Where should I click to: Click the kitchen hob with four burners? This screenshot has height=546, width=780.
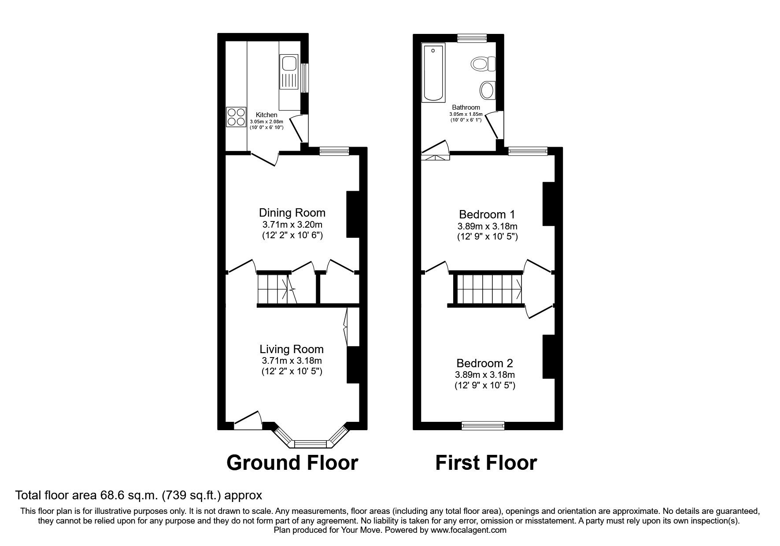236,117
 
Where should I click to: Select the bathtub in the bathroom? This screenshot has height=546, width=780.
433,73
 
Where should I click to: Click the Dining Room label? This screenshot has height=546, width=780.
292,213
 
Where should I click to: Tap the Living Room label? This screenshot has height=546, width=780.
292,350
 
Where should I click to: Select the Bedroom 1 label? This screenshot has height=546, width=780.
487,215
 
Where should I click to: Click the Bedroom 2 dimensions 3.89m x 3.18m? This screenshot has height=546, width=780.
485,375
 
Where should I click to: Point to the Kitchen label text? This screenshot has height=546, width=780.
266,115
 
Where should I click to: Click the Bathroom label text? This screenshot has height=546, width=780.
466,107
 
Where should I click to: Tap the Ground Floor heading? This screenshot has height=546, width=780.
292,463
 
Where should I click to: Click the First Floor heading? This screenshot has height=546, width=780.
486,463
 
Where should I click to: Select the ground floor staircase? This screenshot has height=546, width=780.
274,289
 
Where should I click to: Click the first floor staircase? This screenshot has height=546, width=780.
488,289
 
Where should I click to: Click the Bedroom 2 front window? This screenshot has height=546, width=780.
483,425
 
